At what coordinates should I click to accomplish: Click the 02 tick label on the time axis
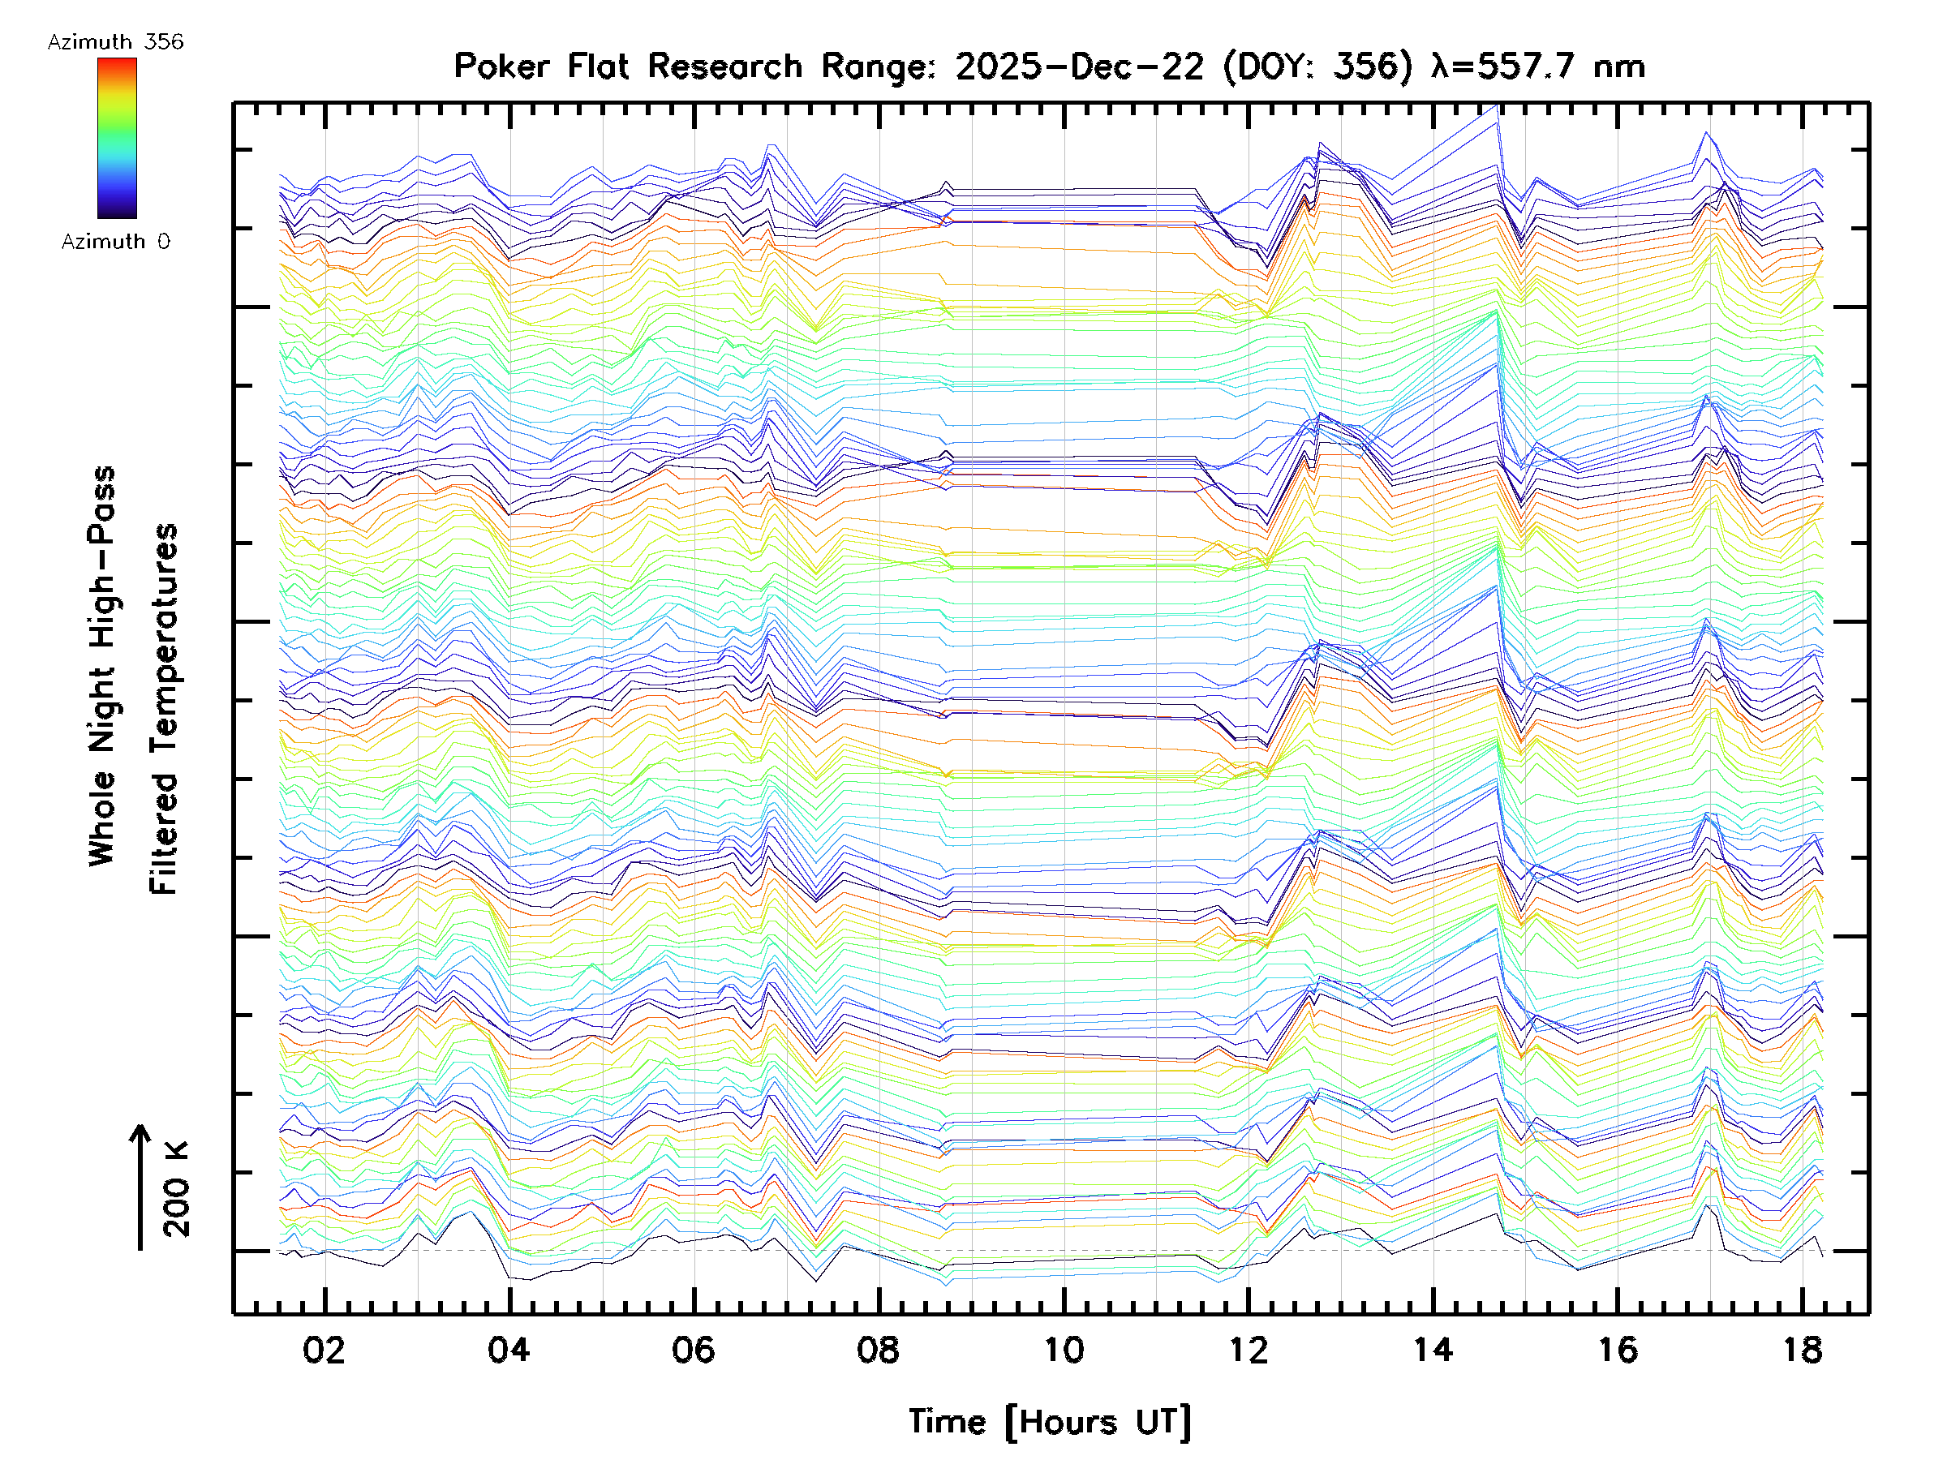(324, 1349)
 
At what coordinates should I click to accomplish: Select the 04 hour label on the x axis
(509, 1349)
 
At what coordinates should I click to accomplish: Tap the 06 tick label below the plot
(694, 1349)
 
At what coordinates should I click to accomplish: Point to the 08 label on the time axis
(879, 1349)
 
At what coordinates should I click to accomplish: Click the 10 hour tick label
(1064, 1349)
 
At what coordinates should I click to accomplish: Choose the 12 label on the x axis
(1249, 1349)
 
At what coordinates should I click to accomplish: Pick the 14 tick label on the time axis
(1433, 1349)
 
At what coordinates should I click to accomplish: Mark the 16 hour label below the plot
(1618, 1349)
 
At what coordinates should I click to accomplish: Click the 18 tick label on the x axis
(1803, 1349)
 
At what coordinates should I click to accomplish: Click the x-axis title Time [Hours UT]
(1049, 1421)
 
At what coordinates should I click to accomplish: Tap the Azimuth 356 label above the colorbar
(115, 42)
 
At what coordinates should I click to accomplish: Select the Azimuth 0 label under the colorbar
(115, 241)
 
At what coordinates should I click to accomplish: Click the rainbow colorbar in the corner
(117, 137)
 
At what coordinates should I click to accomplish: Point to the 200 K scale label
(176, 1189)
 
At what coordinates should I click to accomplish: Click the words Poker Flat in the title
(539, 66)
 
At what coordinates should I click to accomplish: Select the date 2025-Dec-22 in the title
(1079, 66)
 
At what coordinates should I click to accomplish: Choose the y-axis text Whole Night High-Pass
(102, 665)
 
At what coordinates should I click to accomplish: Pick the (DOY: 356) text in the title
(1317, 66)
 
